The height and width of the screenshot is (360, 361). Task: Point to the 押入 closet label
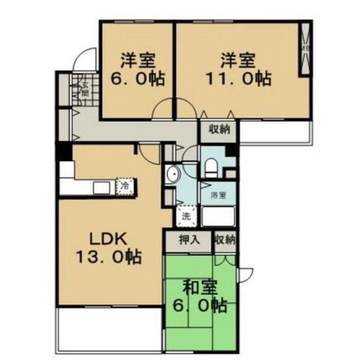189,240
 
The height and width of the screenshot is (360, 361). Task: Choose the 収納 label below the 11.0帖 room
220,129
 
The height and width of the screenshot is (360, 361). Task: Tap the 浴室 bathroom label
218,195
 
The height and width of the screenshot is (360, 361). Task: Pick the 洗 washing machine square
186,214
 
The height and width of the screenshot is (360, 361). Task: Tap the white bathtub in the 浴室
219,216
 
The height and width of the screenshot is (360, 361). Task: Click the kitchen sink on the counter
101,187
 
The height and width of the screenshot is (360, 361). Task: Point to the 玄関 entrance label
85,88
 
